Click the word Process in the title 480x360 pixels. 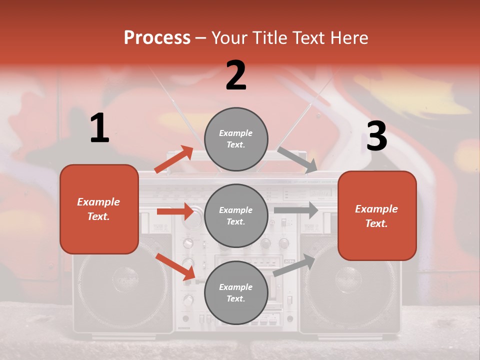157,38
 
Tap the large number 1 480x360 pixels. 99,128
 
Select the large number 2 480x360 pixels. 236,75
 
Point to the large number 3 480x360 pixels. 377,136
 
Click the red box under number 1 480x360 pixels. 99,209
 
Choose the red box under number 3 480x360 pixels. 377,215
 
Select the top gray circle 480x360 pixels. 236,139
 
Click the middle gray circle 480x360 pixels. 236,215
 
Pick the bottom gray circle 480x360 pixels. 236,292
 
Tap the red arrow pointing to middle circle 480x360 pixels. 175,211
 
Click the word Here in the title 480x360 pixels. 349,38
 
